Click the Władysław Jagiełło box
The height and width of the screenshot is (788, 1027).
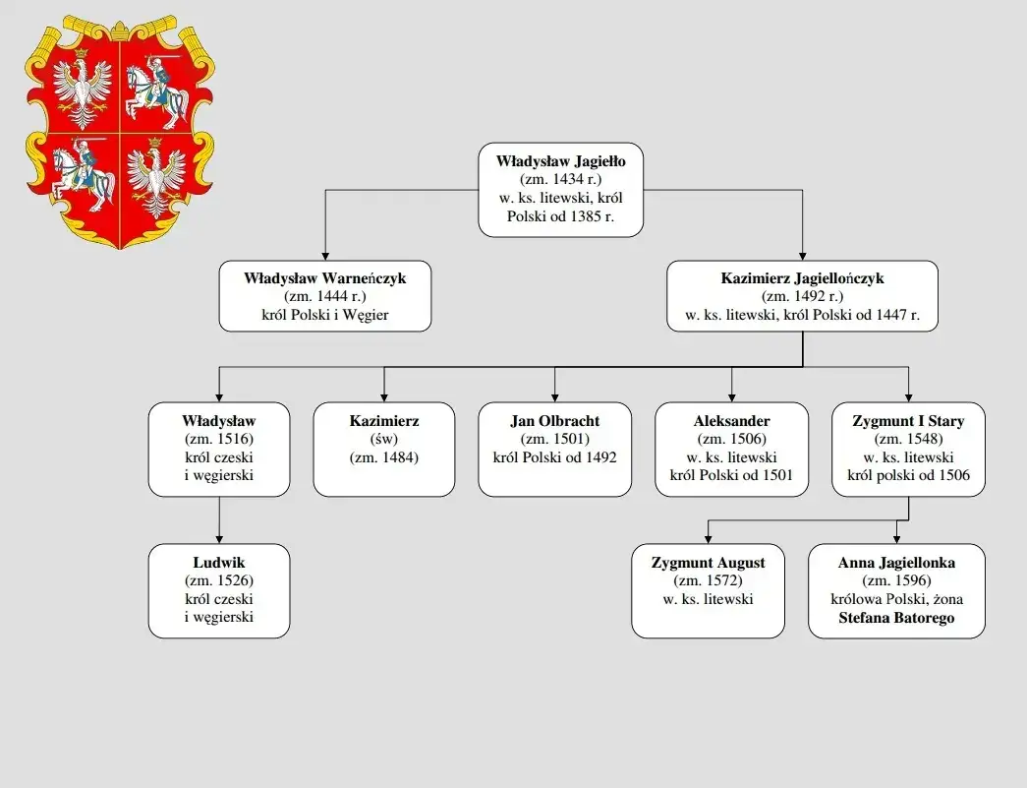pos(560,190)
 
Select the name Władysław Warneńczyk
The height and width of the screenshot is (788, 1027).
pos(324,278)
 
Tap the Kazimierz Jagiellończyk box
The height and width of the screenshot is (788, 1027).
pos(802,295)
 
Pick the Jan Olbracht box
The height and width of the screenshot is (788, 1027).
pos(554,449)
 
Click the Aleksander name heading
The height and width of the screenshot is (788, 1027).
pos(731,421)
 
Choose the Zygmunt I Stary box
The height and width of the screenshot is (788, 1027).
pos(908,449)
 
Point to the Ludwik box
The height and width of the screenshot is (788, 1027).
pos(219,590)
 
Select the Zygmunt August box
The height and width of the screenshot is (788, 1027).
pos(708,590)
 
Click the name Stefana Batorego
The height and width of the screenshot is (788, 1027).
pos(896,619)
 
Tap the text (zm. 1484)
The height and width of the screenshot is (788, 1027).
pos(383,457)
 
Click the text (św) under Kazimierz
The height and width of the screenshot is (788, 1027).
pos(383,440)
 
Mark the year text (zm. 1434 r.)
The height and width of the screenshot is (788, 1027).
pos(560,179)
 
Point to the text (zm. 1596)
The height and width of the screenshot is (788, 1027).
pos(896,581)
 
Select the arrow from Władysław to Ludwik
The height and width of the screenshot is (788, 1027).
pos(219,519)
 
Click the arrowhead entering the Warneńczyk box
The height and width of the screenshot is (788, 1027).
pos(324,255)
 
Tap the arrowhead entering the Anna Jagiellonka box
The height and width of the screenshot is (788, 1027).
pos(896,538)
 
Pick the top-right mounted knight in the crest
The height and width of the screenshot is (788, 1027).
pos(158,91)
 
